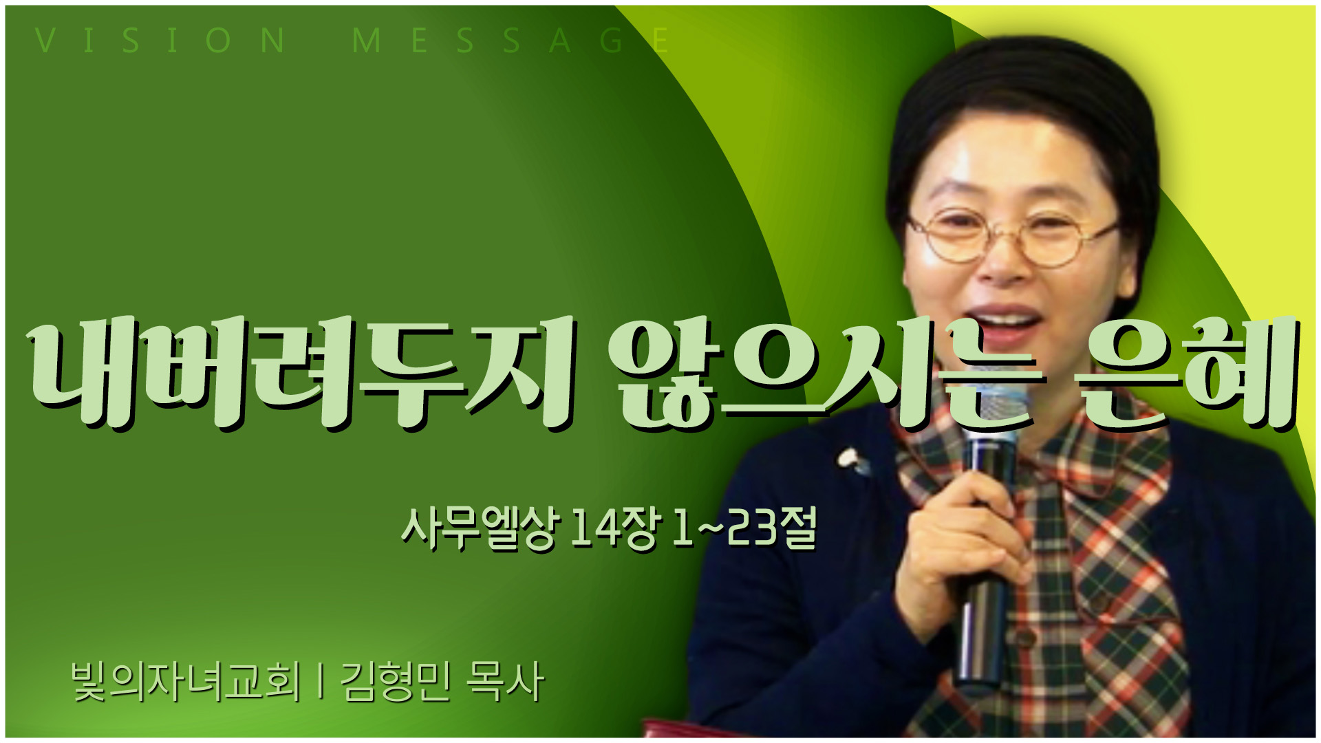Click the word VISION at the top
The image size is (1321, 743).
coord(160,41)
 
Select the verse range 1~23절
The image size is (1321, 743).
coord(745,528)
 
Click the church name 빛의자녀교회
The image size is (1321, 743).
coord(186,682)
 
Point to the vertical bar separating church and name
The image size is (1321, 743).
coord(321,682)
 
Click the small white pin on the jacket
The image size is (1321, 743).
coord(852,460)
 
